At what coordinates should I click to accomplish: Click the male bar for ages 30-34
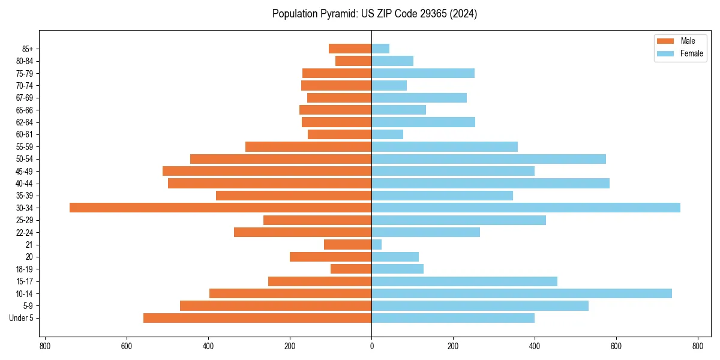click(x=220, y=208)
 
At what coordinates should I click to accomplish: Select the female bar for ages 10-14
click(x=521, y=293)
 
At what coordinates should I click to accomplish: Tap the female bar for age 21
click(x=376, y=244)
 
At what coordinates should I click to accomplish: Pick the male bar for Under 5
click(x=257, y=318)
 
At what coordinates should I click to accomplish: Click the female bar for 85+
click(x=380, y=49)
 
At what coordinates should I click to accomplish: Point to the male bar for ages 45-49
click(x=267, y=171)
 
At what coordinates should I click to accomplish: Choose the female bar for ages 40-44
click(x=490, y=183)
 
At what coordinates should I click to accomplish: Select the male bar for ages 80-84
click(x=353, y=61)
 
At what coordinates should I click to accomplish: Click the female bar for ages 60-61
click(x=387, y=134)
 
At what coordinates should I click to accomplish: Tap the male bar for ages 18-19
click(x=351, y=269)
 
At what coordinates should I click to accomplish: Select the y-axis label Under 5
click(x=21, y=318)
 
